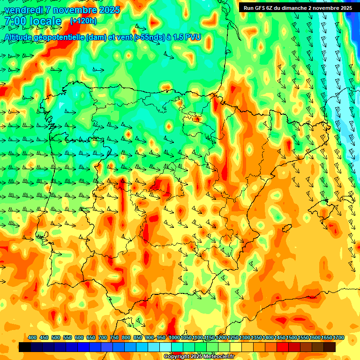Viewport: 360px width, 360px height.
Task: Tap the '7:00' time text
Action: click(x=15, y=21)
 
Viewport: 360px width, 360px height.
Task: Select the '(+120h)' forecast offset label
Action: click(x=83, y=21)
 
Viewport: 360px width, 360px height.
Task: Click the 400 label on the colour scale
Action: click(x=32, y=337)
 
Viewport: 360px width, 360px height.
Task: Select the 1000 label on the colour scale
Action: click(x=174, y=337)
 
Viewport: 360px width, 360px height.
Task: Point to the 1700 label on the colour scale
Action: click(x=338, y=337)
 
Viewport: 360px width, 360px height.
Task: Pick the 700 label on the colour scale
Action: click(x=103, y=337)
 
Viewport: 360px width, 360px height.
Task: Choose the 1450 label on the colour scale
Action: click(x=280, y=337)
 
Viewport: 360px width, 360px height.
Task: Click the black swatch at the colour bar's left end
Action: click(x=25, y=347)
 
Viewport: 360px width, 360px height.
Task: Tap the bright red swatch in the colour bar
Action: click(x=283, y=347)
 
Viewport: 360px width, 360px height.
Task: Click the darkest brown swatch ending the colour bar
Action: click(x=330, y=347)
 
